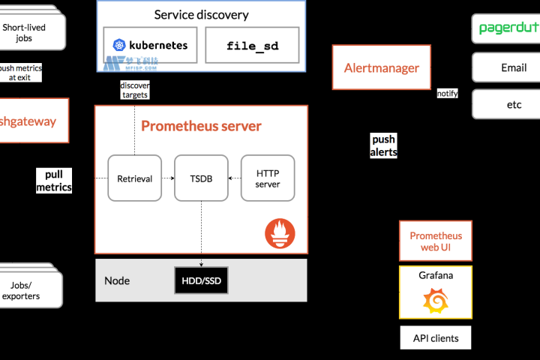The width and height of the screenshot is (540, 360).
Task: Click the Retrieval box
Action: [135, 178]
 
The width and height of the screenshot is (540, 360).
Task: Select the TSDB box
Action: [201, 178]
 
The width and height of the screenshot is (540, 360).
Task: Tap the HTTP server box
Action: [268, 178]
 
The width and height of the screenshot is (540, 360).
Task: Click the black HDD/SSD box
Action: [201, 280]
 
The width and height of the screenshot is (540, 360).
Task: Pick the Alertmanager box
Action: [382, 68]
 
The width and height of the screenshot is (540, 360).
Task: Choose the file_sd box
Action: [252, 46]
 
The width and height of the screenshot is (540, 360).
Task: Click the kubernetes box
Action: [150, 46]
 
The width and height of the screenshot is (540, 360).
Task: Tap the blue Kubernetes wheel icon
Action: [118, 46]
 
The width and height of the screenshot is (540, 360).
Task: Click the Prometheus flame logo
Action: [280, 233]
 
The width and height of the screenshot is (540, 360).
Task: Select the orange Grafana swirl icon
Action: [436, 302]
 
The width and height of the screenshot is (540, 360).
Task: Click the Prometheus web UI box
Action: [436, 241]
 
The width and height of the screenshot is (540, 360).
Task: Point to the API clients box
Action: [436, 337]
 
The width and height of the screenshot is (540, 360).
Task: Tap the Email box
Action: [513, 67]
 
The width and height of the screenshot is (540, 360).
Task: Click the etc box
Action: [513, 104]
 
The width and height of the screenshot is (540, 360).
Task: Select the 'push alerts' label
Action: [383, 145]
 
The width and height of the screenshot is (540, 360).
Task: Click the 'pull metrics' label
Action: [54, 181]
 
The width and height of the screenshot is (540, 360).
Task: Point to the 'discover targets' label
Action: [134, 90]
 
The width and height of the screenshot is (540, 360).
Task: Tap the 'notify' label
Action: [448, 94]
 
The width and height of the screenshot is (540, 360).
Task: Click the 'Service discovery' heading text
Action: [201, 14]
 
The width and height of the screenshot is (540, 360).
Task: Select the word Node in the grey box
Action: [117, 280]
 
